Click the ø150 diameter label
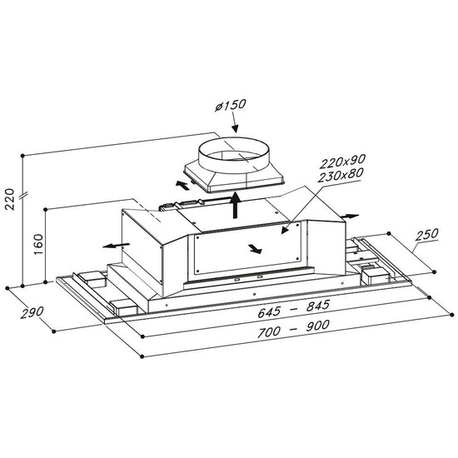tap(231, 105)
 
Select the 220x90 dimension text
tap(342, 162)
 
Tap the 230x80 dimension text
tap(341, 175)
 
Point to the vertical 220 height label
tap(9, 199)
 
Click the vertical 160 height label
tap(38, 244)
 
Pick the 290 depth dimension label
tap(32, 312)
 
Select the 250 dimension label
tap(427, 234)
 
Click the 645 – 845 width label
tap(294, 308)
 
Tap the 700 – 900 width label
tap(293, 329)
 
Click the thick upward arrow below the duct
tap(235, 205)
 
